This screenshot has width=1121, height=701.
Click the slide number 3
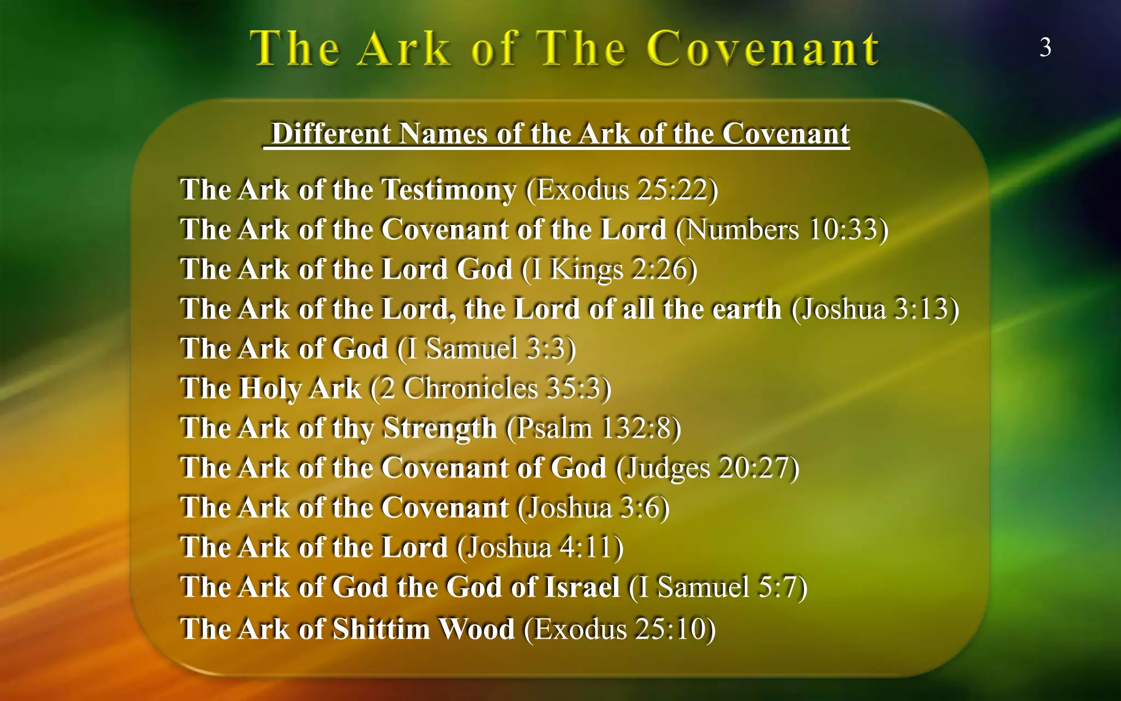(1045, 48)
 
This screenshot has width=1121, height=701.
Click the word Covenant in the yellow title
(763, 49)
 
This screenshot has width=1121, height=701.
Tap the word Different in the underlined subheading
(331, 134)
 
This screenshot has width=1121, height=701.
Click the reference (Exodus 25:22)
(622, 189)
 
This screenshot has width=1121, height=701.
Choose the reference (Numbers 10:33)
(782, 229)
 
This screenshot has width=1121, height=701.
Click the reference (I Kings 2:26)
(609, 269)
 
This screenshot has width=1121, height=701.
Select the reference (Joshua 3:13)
(875, 308)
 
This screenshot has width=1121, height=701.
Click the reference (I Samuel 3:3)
(486, 348)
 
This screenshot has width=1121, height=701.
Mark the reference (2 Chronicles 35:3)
(490, 388)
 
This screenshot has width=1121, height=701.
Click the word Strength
(440, 428)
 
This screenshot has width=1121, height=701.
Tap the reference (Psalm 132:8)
(593, 428)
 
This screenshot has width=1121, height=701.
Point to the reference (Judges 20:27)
(707, 468)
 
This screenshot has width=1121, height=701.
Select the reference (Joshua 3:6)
(593, 507)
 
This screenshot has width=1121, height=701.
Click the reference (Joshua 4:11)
(540, 547)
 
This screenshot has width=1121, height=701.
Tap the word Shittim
(381, 629)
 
